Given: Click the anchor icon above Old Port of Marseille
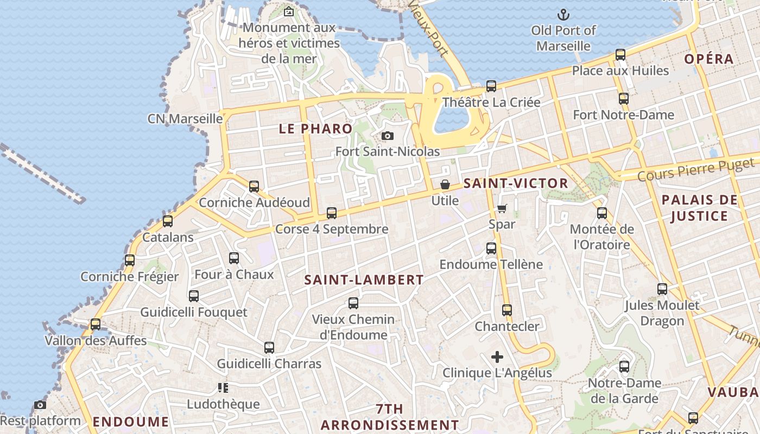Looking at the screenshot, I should pyautogui.click(x=563, y=15).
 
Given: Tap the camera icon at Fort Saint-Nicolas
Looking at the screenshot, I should pyautogui.click(x=387, y=136).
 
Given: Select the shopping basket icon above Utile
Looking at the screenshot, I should pyautogui.click(x=445, y=184).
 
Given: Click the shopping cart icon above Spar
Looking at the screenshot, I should pyautogui.click(x=502, y=208).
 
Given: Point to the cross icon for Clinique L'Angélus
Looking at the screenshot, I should pyautogui.click(x=497, y=357).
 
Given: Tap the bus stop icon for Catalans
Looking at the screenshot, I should pyautogui.click(x=168, y=221).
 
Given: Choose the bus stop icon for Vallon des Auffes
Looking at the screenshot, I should pyautogui.click(x=96, y=324).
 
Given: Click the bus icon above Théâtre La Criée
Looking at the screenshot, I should pyautogui.click(x=491, y=86).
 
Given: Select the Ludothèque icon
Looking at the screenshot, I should pyautogui.click(x=223, y=387).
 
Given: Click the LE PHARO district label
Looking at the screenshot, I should pyautogui.click(x=315, y=129).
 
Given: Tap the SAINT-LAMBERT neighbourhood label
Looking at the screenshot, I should pyautogui.click(x=364, y=280).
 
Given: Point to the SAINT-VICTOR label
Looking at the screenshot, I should pyautogui.click(x=516, y=183).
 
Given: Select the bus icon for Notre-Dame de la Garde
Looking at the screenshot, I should pyautogui.click(x=624, y=367).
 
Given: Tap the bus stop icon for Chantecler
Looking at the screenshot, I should pyautogui.click(x=507, y=310).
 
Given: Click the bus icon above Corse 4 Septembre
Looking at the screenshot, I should pyautogui.click(x=332, y=213).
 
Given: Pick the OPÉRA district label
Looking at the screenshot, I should pyautogui.click(x=709, y=59).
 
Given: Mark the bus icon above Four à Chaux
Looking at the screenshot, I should pyautogui.click(x=234, y=258).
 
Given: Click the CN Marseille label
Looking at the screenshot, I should pyautogui.click(x=185, y=119).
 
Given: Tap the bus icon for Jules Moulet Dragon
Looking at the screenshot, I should pyautogui.click(x=662, y=289).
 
